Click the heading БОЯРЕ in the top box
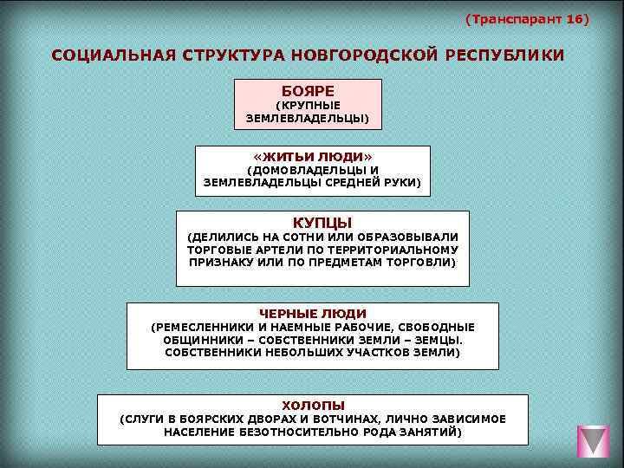(308, 90)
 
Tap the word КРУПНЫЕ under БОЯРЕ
(308, 105)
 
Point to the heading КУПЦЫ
(322, 222)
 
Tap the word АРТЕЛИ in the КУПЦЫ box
(266, 249)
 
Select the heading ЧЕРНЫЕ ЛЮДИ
(313, 313)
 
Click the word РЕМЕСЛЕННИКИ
(201, 327)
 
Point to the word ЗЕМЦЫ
(439, 340)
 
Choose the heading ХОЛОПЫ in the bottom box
(313, 405)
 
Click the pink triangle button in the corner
(594, 441)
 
